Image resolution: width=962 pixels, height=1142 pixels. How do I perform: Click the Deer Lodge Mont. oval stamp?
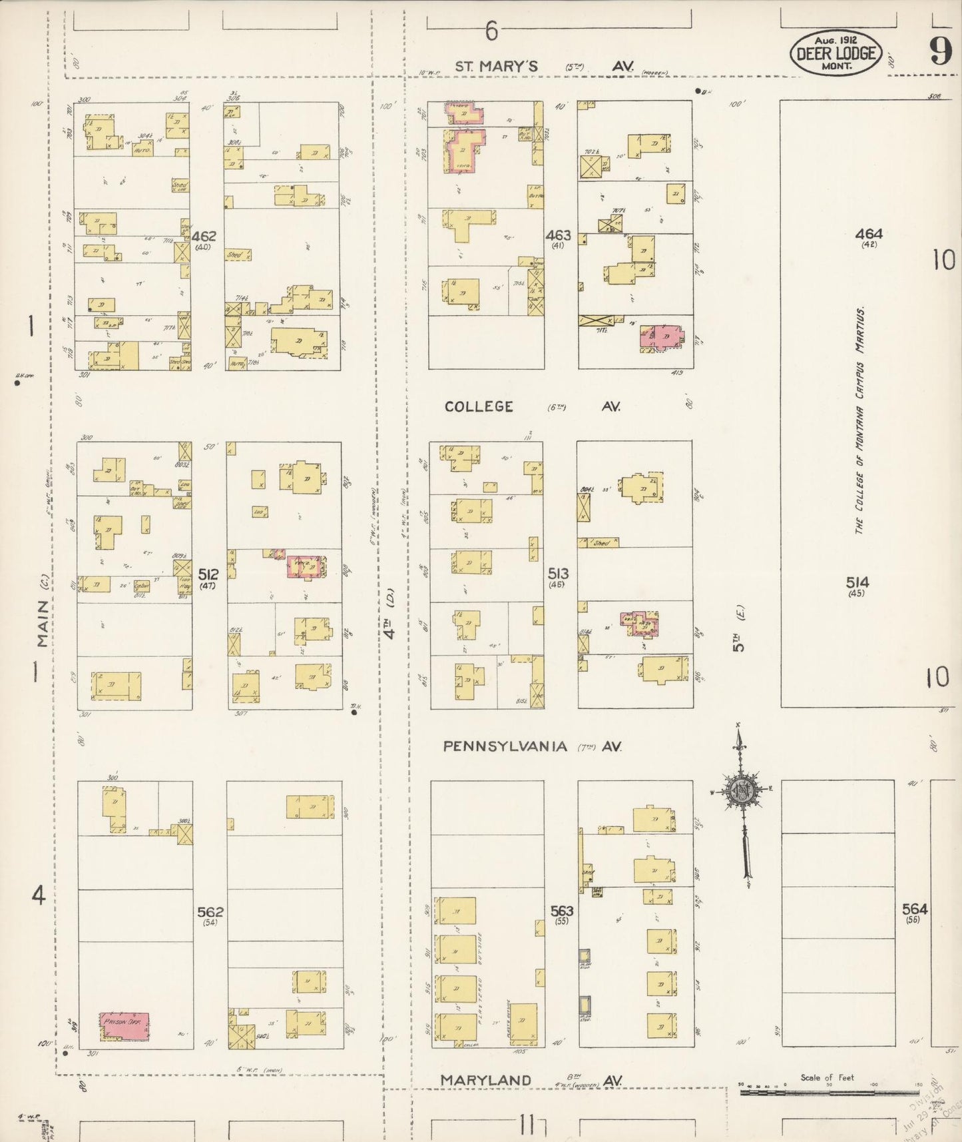(x=836, y=53)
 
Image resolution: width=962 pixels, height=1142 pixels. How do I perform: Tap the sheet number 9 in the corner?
(x=941, y=51)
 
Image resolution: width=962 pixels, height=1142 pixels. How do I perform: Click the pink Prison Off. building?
(x=124, y=1026)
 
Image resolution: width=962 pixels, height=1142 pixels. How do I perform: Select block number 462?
(x=204, y=237)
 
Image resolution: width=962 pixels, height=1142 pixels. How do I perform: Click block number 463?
(x=558, y=235)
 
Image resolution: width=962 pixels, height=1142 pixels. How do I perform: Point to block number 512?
(x=208, y=574)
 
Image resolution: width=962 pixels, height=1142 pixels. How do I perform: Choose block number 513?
(x=558, y=573)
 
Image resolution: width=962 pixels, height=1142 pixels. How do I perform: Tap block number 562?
(x=210, y=911)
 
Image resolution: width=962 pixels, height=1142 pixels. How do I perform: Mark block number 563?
(x=562, y=911)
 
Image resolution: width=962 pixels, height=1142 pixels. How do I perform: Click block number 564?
(x=915, y=909)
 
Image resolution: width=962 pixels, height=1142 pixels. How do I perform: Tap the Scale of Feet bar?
(x=829, y=1093)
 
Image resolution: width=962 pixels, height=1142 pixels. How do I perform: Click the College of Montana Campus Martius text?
(x=860, y=421)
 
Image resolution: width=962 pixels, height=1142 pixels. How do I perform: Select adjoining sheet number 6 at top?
(x=491, y=30)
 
